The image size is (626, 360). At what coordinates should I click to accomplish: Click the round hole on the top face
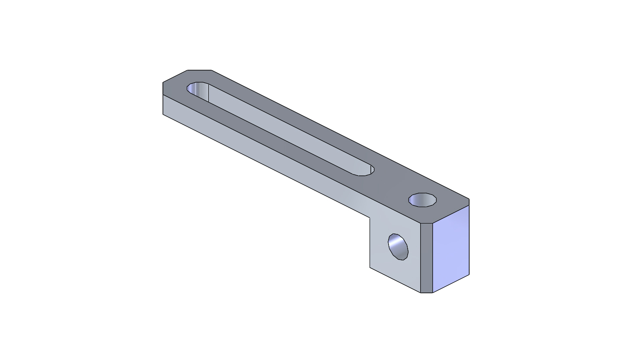point(422,200)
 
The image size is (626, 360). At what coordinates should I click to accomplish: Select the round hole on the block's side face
point(398,247)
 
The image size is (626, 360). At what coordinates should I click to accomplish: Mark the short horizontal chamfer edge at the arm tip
point(199,70)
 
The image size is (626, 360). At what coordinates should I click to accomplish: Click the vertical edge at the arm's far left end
point(163,104)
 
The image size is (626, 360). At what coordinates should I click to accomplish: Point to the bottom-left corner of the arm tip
point(163,114)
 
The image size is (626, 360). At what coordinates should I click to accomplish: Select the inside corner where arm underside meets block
point(370,217)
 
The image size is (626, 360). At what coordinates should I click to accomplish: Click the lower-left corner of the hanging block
point(370,267)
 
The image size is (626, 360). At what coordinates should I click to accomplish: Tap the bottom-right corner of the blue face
point(469,274)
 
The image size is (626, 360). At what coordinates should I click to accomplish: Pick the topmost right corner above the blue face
point(469,199)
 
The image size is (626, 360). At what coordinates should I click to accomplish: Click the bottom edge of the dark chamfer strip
point(426,293)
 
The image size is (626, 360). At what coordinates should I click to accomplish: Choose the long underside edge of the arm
point(266,166)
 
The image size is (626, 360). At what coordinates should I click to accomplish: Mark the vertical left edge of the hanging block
point(370,243)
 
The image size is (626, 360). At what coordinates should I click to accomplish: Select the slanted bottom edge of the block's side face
point(395,280)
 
